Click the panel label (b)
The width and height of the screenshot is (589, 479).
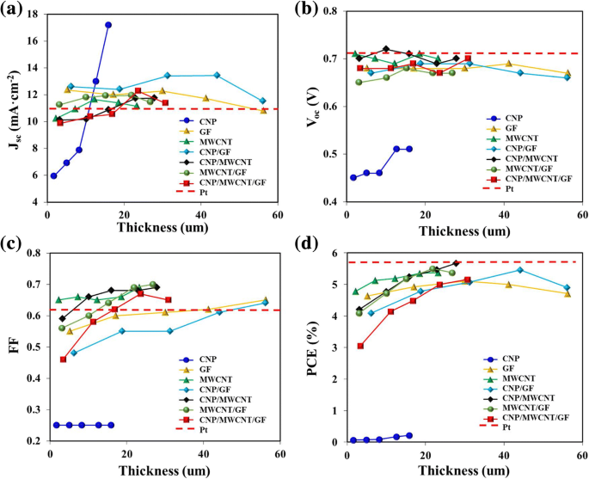pos(310,11)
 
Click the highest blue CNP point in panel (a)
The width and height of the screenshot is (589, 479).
pos(108,25)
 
